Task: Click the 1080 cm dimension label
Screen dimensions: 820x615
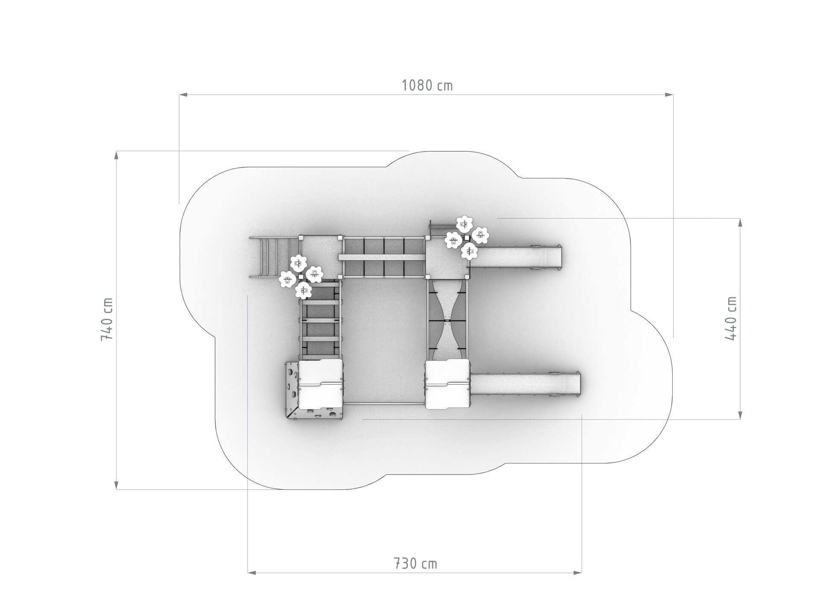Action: [427, 85]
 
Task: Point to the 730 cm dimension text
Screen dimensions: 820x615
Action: [415, 563]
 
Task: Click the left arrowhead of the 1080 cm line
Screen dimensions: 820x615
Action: [183, 94]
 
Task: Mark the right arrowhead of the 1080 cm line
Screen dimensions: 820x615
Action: [669, 94]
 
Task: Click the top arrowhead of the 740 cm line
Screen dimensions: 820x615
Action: [116, 155]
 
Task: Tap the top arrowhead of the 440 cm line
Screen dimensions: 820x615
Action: [740, 223]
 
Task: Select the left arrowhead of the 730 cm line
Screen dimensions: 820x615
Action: [252, 572]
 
